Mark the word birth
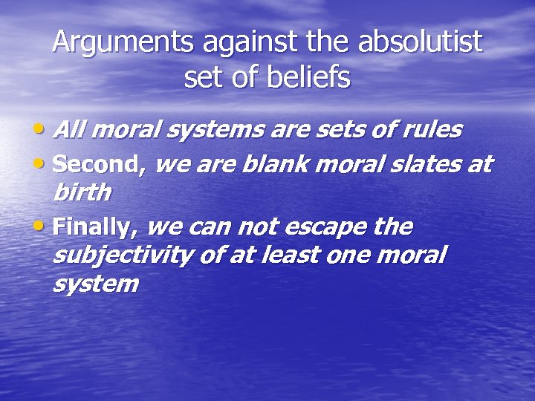click(x=82, y=193)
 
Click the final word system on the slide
click(x=95, y=284)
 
